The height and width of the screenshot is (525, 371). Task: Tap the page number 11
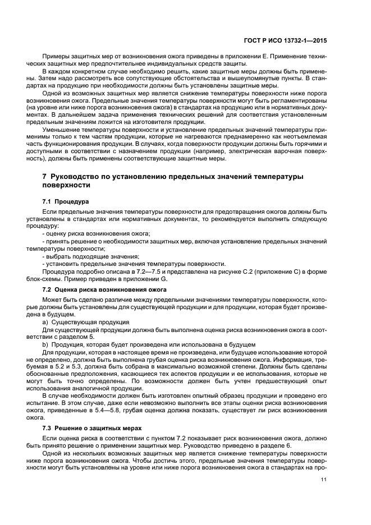pos(324,480)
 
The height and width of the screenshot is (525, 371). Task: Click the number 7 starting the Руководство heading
pos(45,176)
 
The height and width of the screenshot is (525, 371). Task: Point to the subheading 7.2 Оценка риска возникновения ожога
pos(104,289)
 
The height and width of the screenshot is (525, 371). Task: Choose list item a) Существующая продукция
pos(78,322)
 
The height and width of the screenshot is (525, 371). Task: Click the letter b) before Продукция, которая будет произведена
pos(46,344)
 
